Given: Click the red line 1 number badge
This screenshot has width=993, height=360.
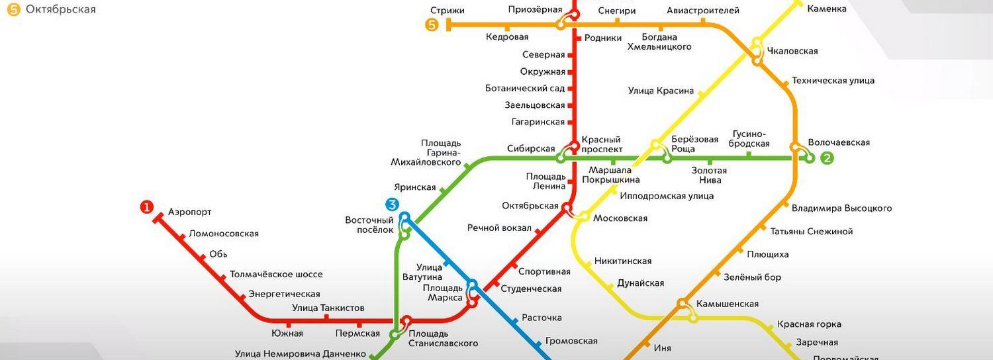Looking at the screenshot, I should [146, 208].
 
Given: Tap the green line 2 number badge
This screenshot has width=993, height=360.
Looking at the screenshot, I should [827, 158].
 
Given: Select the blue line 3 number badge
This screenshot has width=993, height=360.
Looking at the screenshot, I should [393, 205].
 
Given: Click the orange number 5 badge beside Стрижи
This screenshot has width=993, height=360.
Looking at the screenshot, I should [432, 25].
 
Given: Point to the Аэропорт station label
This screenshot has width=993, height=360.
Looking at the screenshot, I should [189, 212].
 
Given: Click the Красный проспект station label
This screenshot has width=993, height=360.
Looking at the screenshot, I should [601, 144].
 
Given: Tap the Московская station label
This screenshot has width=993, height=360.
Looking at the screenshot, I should [620, 218].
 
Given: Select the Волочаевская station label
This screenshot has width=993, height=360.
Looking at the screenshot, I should [838, 142].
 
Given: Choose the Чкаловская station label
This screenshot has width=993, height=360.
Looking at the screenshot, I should [792, 51].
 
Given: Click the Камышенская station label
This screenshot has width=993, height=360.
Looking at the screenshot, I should [727, 304].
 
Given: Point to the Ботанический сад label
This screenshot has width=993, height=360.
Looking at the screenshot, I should [525, 88].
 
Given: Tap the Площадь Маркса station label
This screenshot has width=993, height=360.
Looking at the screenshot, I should [444, 292].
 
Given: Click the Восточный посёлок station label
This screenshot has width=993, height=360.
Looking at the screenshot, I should [369, 225].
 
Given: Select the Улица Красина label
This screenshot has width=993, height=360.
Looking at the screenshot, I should [661, 91].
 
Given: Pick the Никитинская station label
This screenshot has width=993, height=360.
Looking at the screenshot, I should [622, 261].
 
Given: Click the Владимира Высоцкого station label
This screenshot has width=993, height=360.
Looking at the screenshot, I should [841, 208].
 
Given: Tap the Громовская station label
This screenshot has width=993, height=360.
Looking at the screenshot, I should [571, 341].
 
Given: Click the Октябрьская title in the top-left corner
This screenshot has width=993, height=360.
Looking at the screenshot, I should [60, 9].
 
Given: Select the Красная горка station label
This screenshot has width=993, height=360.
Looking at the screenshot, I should [809, 324].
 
